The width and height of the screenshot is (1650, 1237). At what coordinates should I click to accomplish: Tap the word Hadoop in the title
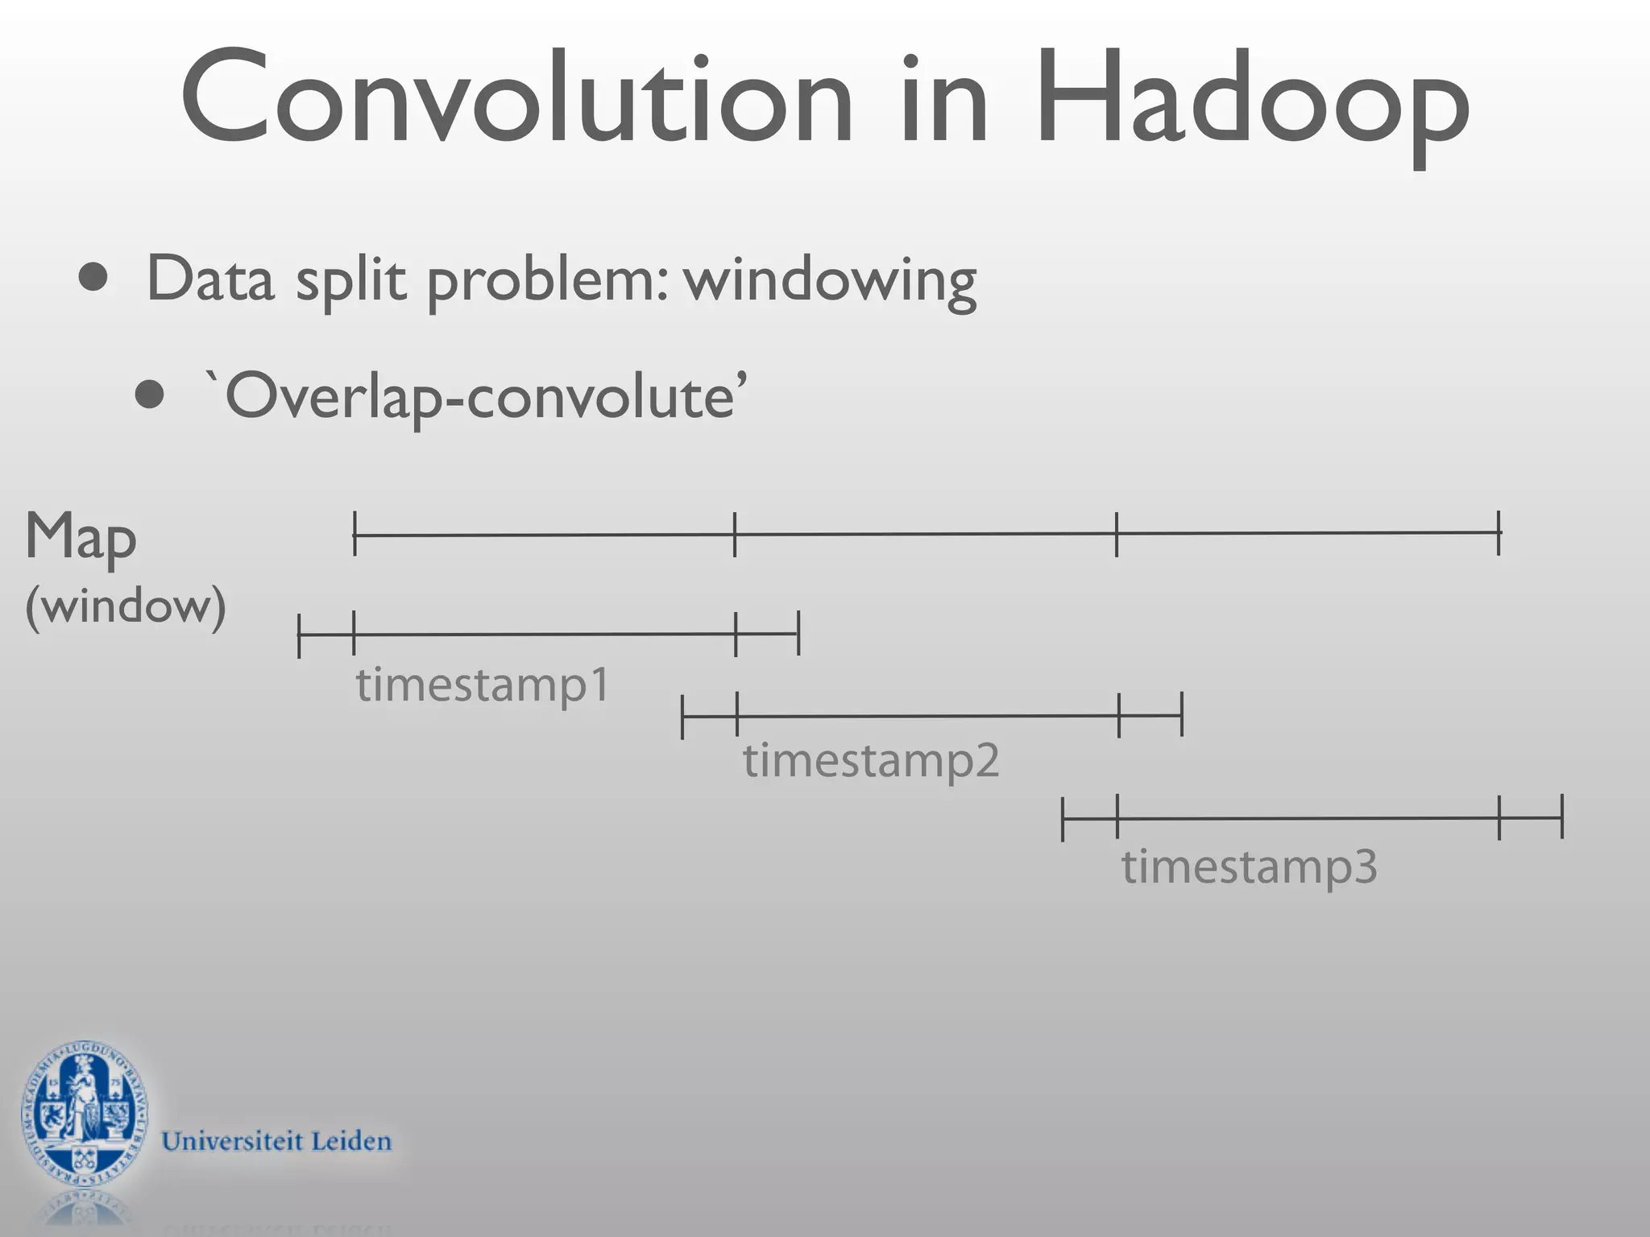pyautogui.click(x=1253, y=105)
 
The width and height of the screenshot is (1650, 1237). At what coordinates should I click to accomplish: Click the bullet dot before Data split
pyautogui.click(x=94, y=278)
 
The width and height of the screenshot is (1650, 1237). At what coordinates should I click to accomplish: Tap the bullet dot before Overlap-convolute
pyautogui.click(x=150, y=395)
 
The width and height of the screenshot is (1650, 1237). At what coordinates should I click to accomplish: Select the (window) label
pyautogui.click(x=126, y=606)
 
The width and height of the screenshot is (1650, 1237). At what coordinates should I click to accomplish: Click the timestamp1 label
pyautogui.click(x=482, y=685)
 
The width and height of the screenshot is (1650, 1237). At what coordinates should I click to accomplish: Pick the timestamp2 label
pyautogui.click(x=870, y=760)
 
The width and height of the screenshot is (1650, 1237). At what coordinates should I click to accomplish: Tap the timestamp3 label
pyautogui.click(x=1249, y=867)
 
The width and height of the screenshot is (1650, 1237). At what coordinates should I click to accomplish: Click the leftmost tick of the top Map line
pyautogui.click(x=354, y=533)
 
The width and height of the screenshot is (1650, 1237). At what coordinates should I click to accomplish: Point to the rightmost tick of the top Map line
pyautogui.click(x=1499, y=532)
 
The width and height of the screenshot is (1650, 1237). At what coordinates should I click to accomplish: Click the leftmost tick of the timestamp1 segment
pyautogui.click(x=299, y=635)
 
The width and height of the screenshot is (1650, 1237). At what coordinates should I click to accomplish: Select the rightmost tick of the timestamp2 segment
pyautogui.click(x=1182, y=714)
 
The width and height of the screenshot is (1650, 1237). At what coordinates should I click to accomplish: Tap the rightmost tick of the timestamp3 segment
pyautogui.click(x=1562, y=817)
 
